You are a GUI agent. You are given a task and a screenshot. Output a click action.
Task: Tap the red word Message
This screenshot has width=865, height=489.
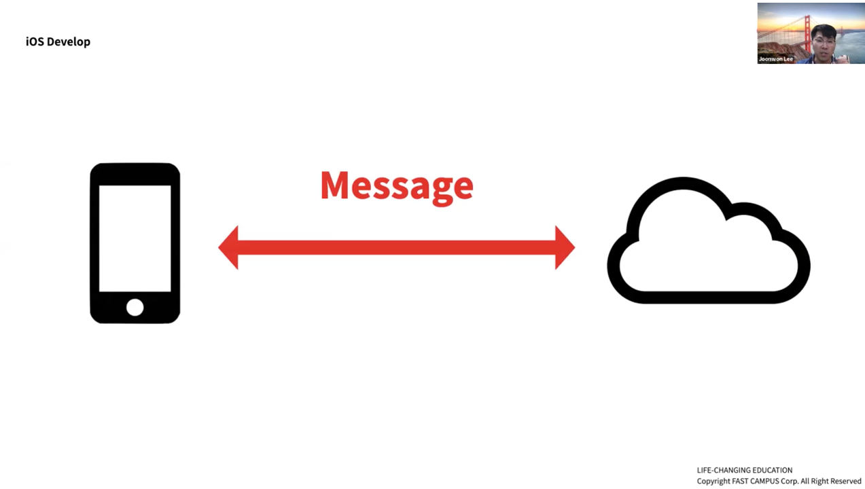point(396,185)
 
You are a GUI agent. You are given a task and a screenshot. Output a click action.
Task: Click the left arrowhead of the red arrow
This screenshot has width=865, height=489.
point(229,248)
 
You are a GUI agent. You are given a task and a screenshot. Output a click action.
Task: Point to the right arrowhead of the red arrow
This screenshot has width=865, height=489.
point(564,248)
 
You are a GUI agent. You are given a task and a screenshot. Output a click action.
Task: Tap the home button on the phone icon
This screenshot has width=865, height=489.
point(135,308)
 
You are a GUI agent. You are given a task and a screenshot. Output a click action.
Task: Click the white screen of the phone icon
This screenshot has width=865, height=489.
point(135,238)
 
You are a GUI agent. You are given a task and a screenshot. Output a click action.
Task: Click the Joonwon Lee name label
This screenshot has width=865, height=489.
point(776,59)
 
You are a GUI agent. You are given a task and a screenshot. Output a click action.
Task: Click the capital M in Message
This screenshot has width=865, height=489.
point(336,185)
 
